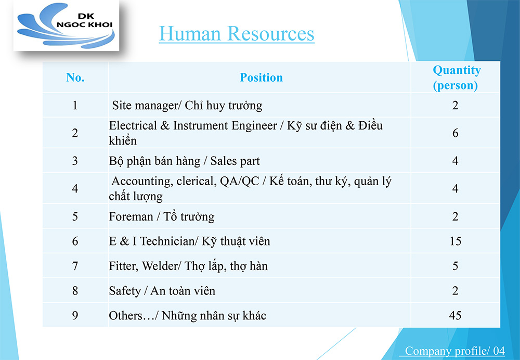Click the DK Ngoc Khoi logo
point(66,25)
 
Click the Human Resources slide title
point(237,34)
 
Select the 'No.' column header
point(75,78)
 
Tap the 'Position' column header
point(262,78)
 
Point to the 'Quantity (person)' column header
point(457,78)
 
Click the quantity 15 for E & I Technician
point(456,241)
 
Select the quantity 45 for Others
point(456,315)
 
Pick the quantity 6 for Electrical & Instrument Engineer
point(456,133)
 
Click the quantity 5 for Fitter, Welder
point(456,266)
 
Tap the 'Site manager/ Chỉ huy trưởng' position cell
point(187,106)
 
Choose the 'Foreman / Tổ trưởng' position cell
point(162,216)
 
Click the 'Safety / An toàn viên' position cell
point(162,291)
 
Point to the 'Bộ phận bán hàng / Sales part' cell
point(184,161)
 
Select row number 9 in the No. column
point(75,315)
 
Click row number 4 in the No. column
point(75,188)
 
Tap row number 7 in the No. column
point(75,266)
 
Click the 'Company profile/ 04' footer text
point(454,351)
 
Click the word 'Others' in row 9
point(125,316)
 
